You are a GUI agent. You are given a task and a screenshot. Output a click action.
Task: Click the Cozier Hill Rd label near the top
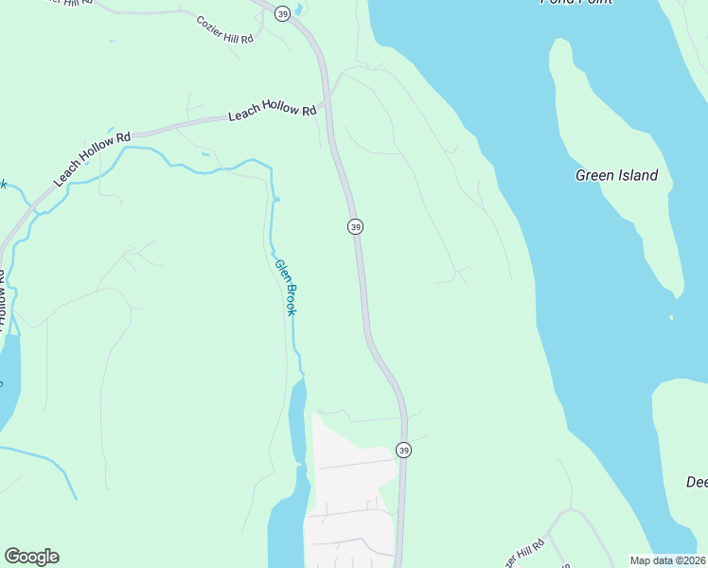tap(225, 29)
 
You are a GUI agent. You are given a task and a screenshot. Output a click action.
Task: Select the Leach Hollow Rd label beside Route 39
tap(272, 114)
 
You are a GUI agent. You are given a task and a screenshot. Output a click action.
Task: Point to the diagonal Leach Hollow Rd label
tap(92, 159)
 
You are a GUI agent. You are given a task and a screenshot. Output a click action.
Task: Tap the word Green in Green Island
tap(594, 175)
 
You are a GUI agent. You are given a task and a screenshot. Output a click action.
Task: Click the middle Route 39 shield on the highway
tap(355, 226)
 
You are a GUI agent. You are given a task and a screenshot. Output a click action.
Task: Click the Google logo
tap(31, 557)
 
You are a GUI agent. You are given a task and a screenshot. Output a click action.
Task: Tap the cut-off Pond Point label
tap(575, 3)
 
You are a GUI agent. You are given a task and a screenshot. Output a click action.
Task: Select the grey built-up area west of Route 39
tap(350, 492)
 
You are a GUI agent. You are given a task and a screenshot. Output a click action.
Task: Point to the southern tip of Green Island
tap(674, 293)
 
